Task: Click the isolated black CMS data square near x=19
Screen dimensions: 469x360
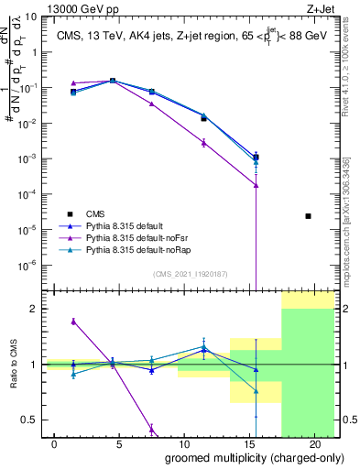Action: pos(308,216)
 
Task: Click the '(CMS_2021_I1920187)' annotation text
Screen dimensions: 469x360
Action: pos(188,273)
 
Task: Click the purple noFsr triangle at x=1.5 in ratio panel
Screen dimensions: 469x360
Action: pos(73,322)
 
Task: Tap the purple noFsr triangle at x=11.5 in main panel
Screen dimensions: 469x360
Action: pos(203,142)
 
